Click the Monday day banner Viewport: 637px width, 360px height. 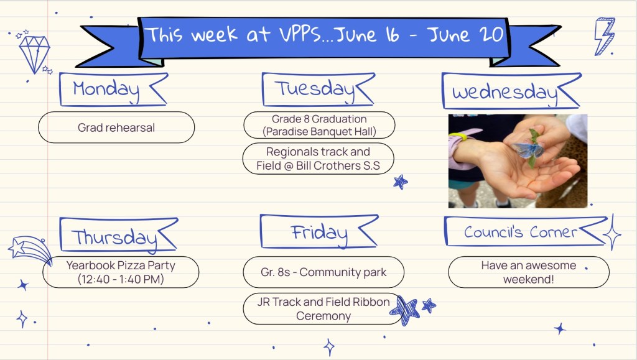[113, 90]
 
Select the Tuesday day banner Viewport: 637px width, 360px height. [318, 90]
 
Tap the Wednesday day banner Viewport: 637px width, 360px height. [511, 91]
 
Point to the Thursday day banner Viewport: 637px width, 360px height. [118, 235]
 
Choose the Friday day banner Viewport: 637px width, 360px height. [319, 231]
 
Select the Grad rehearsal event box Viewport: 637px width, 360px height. [116, 127]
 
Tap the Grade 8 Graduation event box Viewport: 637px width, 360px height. [319, 125]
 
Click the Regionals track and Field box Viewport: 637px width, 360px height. [318, 159]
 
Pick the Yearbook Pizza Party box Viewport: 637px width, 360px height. [121, 272]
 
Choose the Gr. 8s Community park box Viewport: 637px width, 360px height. [323, 272]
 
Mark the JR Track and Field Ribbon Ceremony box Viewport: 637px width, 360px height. [323, 309]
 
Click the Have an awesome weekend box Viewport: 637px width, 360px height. [529, 272]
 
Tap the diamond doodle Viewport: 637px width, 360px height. [35, 53]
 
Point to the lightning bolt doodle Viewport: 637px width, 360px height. [605, 36]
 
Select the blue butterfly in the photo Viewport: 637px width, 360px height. [528, 149]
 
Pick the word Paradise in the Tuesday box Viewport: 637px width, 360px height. [286, 131]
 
